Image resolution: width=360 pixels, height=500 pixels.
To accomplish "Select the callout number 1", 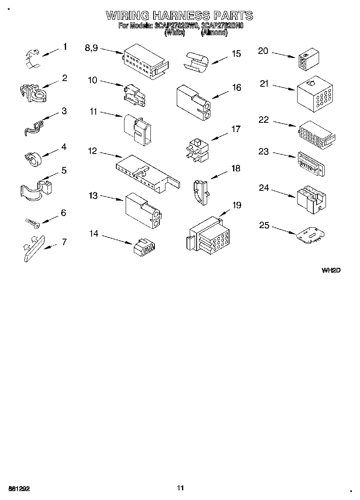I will click(x=65, y=47).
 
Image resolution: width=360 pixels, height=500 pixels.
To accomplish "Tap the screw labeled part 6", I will click(x=32, y=222).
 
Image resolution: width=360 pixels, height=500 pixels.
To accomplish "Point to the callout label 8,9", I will click(x=91, y=48).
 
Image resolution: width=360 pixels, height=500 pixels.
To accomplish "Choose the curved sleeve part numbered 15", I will click(x=197, y=62).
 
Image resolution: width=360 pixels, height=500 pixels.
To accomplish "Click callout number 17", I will click(x=236, y=129).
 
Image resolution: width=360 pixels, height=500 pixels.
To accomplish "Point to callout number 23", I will click(x=264, y=152).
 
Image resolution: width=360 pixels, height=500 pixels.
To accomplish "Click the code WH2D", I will click(x=330, y=270).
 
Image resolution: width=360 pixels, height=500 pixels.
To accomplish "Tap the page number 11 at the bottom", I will click(x=180, y=488).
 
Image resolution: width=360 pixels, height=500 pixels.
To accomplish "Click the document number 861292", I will click(x=18, y=489).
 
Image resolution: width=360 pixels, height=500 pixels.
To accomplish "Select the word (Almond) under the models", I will click(x=214, y=33).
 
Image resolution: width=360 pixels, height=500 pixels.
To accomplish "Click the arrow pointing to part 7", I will click(x=50, y=246).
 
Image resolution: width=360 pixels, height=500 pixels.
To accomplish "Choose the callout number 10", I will click(x=92, y=80).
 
